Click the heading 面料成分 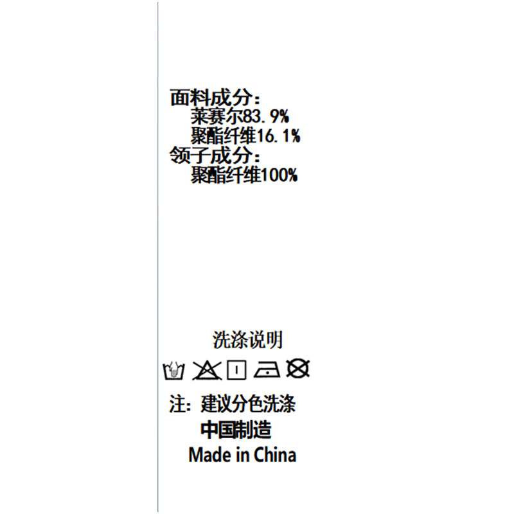(x=211, y=98)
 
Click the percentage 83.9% (x=266, y=116)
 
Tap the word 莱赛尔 (x=217, y=116)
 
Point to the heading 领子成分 (x=211, y=155)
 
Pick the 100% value (x=279, y=175)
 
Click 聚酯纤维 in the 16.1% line (x=223, y=136)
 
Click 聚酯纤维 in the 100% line (x=226, y=175)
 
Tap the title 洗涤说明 (x=247, y=340)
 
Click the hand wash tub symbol (x=173, y=371)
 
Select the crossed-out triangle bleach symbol (x=206, y=371)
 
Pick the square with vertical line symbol (x=236, y=370)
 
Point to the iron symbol (x=267, y=370)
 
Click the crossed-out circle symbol (x=297, y=368)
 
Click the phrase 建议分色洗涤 (x=248, y=404)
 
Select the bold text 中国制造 (x=236, y=430)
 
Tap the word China (x=275, y=455)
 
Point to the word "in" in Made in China (x=242, y=455)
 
